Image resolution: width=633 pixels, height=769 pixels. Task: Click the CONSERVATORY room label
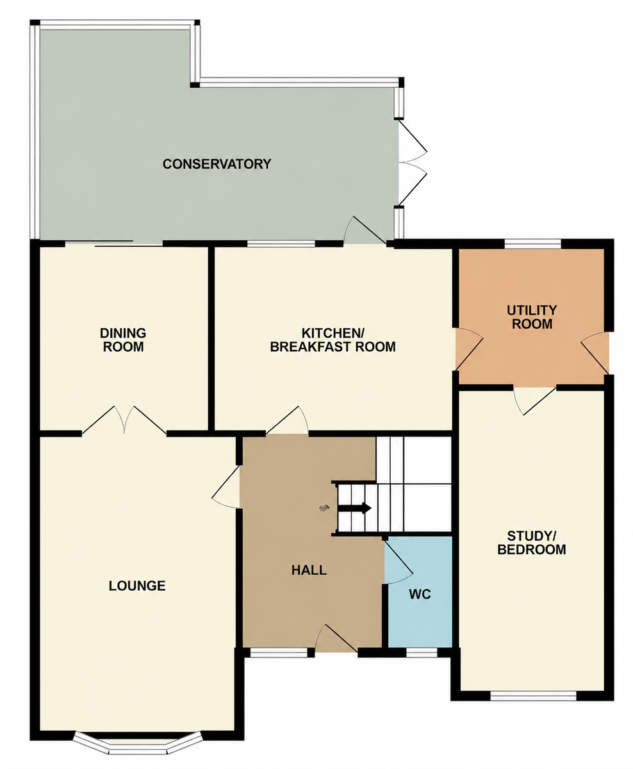click(x=217, y=164)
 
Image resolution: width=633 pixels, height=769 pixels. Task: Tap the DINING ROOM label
click(x=123, y=340)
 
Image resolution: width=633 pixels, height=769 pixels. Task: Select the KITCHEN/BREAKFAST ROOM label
click(x=333, y=340)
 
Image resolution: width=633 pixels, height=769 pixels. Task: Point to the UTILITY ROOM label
click(x=532, y=317)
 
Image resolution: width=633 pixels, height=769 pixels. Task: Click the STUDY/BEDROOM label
click(x=532, y=543)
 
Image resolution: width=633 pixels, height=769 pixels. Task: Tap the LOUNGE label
click(x=137, y=586)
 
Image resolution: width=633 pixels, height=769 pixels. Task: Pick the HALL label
click(x=309, y=570)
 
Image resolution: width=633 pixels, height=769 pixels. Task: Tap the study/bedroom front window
click(x=533, y=696)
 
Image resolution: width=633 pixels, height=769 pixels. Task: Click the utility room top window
click(x=532, y=244)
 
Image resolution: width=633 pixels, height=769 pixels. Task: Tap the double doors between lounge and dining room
click(x=125, y=420)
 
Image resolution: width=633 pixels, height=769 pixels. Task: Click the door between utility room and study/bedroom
click(x=535, y=401)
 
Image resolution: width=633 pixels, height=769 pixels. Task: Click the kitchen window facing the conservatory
click(x=281, y=244)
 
